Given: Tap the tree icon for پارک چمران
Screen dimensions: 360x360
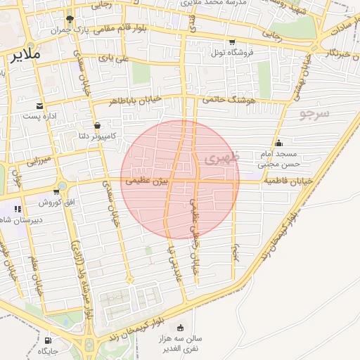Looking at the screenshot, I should pyautogui.click(x=69, y=20).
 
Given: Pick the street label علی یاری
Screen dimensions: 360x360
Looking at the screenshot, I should pyautogui.click(x=114, y=58).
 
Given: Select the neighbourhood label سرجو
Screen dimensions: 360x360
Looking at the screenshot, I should pyautogui.click(x=314, y=112).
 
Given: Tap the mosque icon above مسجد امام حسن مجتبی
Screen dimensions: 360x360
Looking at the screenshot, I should pyautogui.click(x=279, y=143).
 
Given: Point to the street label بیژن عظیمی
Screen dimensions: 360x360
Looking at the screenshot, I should pyautogui.click(x=148, y=181).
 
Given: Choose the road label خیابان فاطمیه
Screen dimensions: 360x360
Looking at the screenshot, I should pyautogui.click(x=288, y=181).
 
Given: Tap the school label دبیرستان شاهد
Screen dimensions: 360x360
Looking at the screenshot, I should pyautogui.click(x=25, y=219).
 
